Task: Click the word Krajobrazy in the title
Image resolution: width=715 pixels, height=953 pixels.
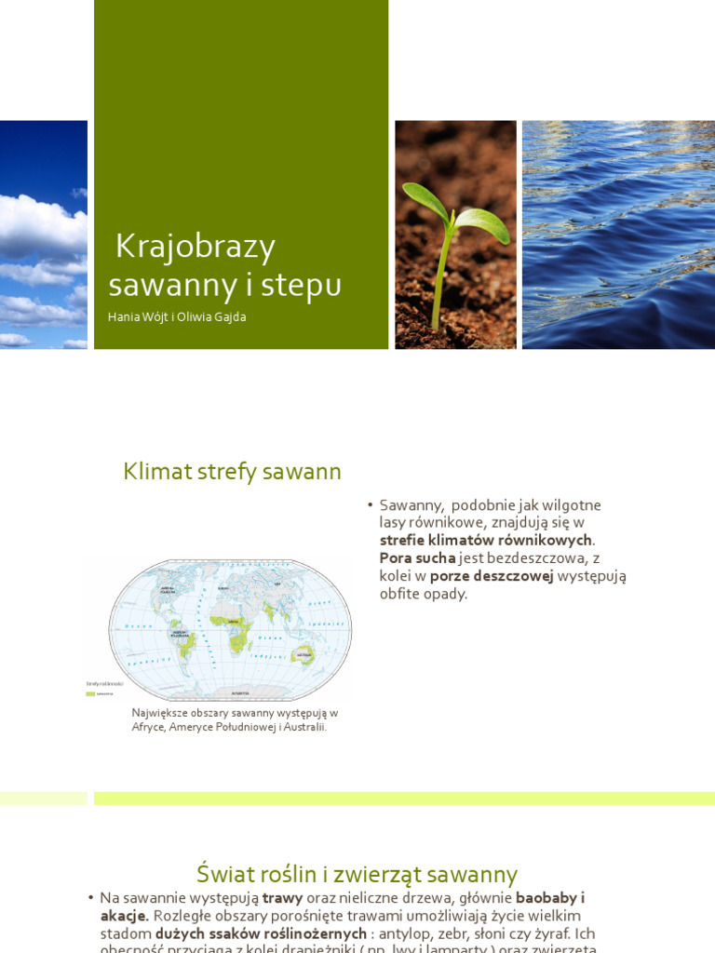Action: coord(196,247)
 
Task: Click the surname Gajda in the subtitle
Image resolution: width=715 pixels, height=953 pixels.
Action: coord(227,317)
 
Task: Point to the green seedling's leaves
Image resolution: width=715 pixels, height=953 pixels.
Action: coord(455,209)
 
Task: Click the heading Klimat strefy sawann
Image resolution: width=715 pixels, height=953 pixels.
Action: coord(232,472)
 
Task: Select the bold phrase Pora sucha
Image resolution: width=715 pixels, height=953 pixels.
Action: coord(417,558)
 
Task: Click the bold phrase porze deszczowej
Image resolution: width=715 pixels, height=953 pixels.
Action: coord(492,576)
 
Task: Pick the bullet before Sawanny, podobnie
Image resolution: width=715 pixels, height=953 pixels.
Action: coord(370,505)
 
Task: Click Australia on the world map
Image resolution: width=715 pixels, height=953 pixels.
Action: coord(303,656)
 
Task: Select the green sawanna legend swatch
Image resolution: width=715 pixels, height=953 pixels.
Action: coord(90,693)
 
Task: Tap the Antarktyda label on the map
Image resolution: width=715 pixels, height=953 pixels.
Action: coord(240,693)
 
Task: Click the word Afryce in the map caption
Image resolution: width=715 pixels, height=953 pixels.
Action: coord(148,727)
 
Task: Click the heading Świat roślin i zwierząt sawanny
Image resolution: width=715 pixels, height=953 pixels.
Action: coord(357,875)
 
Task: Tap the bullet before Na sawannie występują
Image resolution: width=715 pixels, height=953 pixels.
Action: coord(90,898)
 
